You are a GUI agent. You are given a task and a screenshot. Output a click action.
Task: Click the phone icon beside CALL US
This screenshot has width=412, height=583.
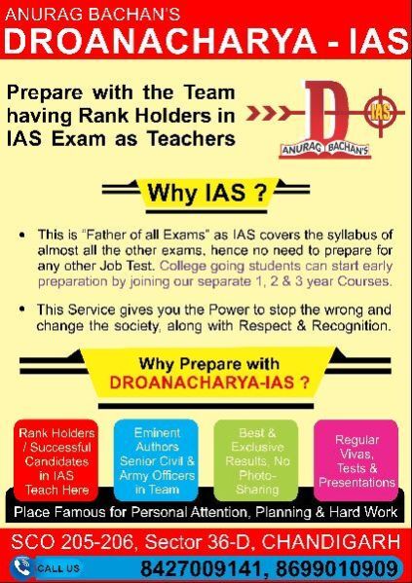click(21, 567)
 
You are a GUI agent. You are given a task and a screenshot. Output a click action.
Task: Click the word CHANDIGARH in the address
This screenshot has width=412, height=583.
click(331, 542)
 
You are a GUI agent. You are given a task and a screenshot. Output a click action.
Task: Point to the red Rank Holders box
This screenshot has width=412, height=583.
click(56, 461)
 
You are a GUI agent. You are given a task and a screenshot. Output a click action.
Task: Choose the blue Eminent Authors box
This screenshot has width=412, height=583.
click(156, 461)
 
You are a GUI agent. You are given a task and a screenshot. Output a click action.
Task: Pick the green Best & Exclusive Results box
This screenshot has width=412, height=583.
click(256, 461)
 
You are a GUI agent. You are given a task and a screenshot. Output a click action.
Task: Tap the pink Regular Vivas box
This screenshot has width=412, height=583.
click(356, 461)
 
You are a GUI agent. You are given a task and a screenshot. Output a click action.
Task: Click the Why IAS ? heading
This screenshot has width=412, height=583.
click(206, 193)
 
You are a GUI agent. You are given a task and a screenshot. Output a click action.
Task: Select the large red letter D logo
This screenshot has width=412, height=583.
click(326, 114)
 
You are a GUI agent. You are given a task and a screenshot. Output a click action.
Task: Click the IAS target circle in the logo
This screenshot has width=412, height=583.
click(381, 112)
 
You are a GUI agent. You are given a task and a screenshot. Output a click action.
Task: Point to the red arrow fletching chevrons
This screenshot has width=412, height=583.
click(267, 114)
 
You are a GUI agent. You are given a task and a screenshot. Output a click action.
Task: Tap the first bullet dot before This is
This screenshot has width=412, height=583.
click(23, 236)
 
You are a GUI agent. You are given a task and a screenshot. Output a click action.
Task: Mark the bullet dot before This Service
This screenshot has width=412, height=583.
click(23, 309)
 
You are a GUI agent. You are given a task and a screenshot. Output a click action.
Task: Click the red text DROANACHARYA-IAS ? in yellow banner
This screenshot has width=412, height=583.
click(209, 383)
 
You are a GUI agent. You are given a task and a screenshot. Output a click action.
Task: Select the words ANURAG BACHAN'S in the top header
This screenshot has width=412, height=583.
click(93, 15)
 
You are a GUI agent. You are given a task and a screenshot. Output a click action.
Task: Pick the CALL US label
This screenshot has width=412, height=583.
click(58, 568)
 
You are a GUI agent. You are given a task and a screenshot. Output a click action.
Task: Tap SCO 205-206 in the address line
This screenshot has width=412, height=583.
click(72, 542)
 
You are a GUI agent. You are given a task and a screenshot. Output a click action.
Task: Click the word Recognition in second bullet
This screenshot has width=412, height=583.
click(352, 326)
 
